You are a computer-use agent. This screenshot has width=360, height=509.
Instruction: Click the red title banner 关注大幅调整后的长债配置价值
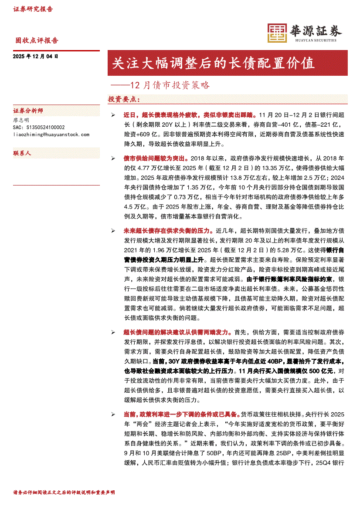tap(213, 63)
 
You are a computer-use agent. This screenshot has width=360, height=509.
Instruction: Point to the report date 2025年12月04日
tap(36, 56)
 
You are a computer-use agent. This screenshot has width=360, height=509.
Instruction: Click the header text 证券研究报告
tap(33, 9)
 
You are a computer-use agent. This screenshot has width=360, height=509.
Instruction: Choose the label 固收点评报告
tap(37, 40)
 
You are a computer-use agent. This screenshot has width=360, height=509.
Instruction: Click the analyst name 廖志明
tap(22, 120)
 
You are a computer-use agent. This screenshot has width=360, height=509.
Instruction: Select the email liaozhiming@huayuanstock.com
tap(51, 135)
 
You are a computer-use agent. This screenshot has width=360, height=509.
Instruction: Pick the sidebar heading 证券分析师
tap(28, 111)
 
